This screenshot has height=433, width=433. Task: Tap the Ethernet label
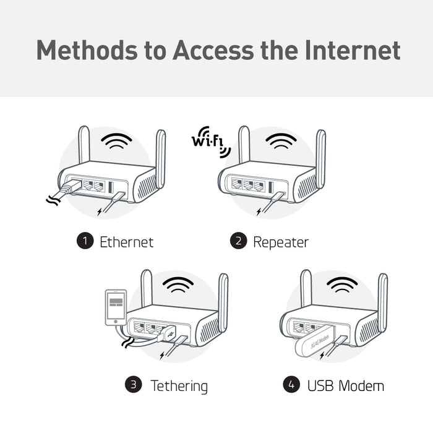pyautogui.click(x=126, y=242)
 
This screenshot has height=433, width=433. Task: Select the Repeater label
pyautogui.click(x=280, y=242)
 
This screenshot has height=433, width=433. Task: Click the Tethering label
pyautogui.click(x=179, y=387)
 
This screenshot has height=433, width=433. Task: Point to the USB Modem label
pyautogui.click(x=345, y=386)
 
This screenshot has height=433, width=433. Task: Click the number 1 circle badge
pyautogui.click(x=84, y=241)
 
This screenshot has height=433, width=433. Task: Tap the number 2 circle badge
pyautogui.click(x=238, y=241)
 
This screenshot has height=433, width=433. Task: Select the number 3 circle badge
pyautogui.click(x=133, y=385)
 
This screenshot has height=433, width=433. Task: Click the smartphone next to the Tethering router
pyautogui.click(x=116, y=307)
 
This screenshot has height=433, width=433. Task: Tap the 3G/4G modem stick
pyautogui.click(x=319, y=344)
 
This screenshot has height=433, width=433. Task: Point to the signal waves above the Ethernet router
pyautogui.click(x=117, y=140)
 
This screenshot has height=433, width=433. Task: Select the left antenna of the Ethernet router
pyautogui.click(x=85, y=145)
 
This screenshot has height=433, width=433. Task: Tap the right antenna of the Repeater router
pyautogui.click(x=320, y=158)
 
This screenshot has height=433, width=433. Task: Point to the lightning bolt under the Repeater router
pyautogui.click(x=259, y=212)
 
